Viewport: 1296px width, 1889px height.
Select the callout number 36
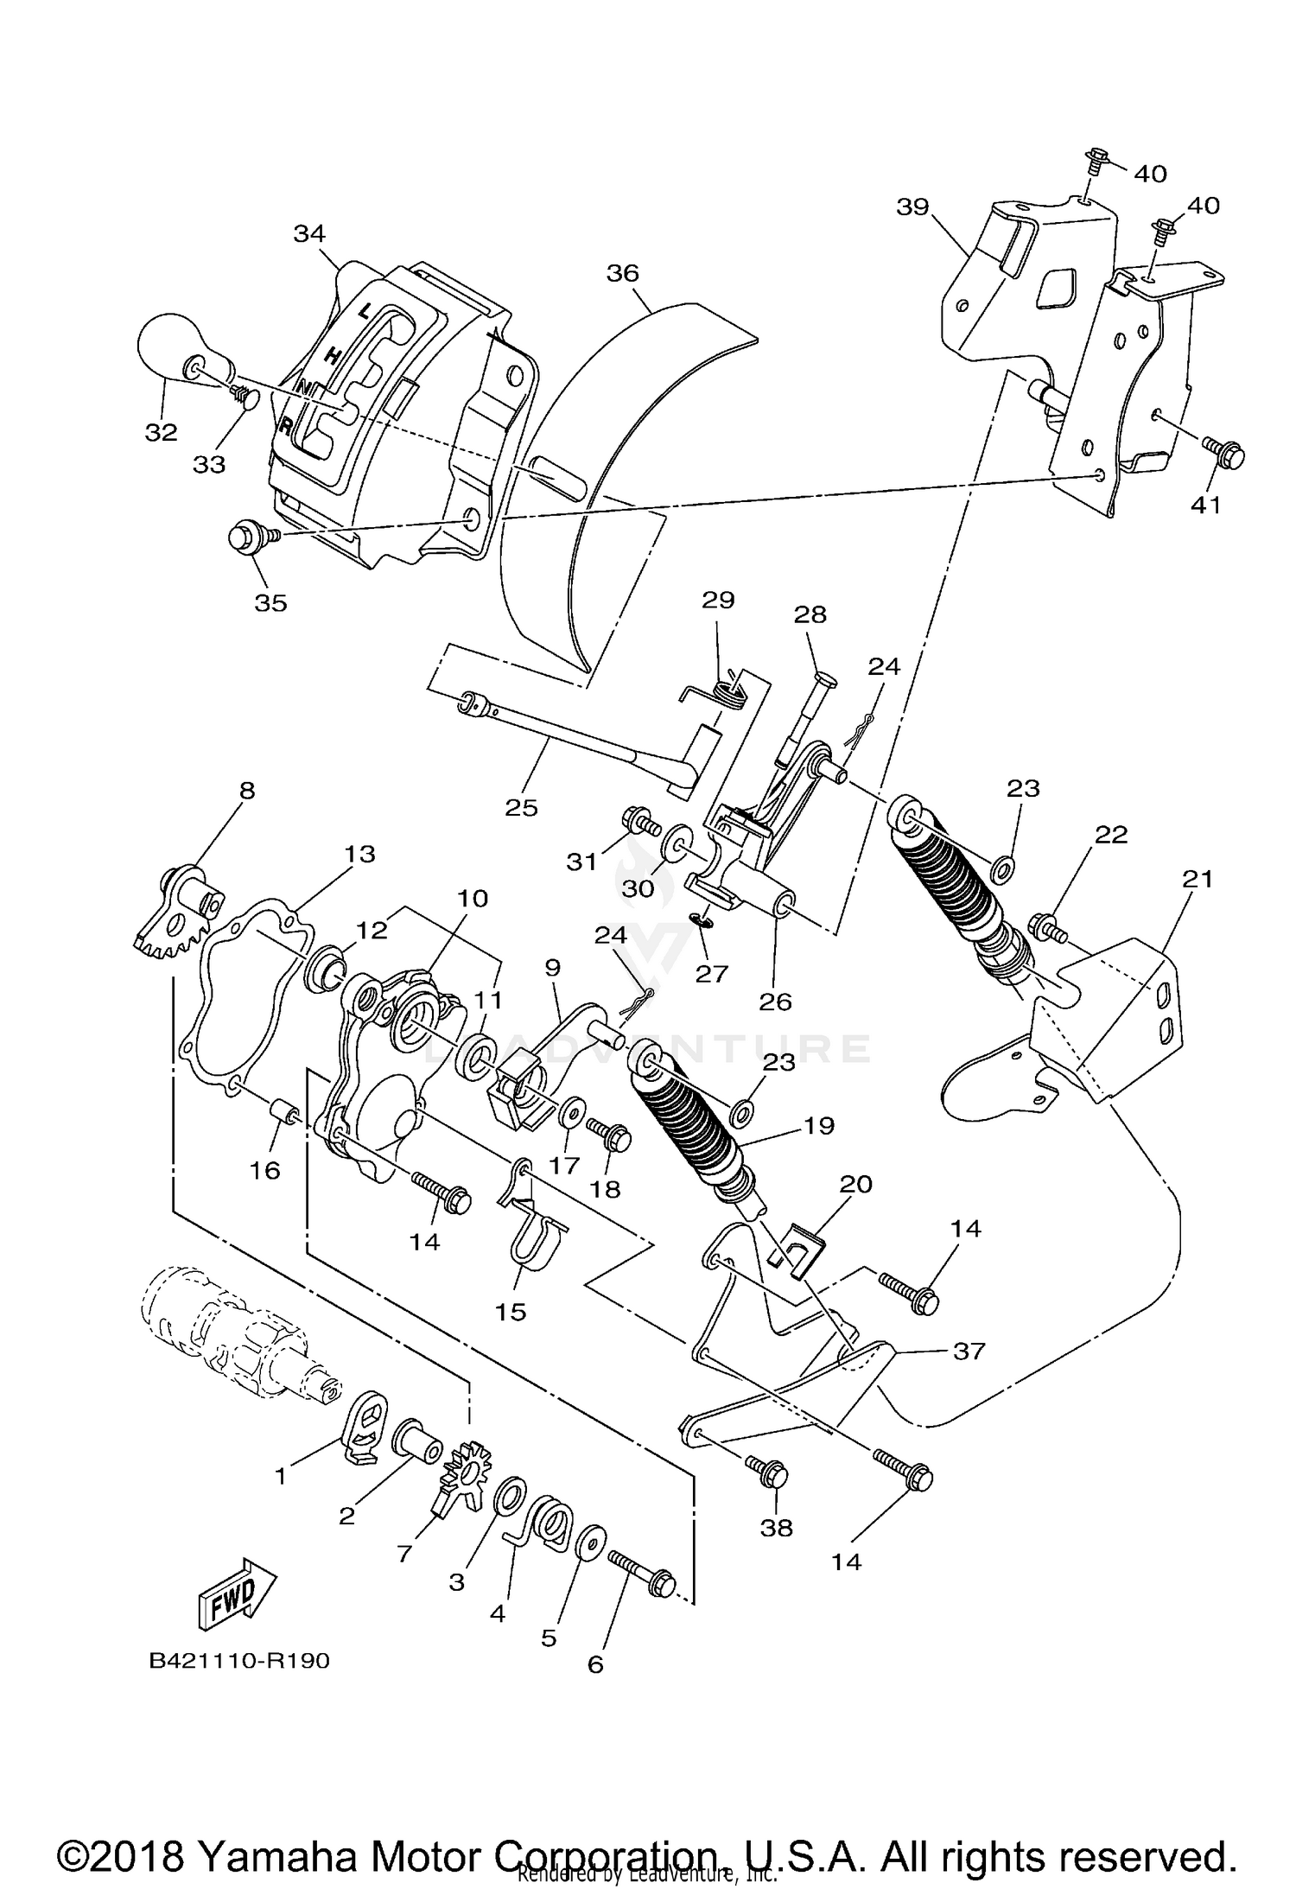[x=622, y=273]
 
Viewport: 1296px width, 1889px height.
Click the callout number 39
[x=912, y=207]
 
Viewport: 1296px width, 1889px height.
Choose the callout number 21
[x=1197, y=879]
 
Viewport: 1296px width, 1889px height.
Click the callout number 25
[x=521, y=807]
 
